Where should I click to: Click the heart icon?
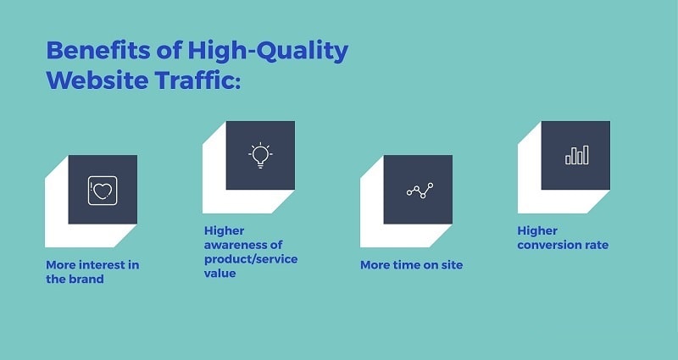click(x=103, y=191)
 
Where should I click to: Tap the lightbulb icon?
click(x=260, y=155)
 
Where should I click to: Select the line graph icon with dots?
click(x=420, y=190)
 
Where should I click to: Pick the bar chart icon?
click(x=577, y=155)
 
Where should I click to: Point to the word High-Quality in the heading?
click(x=268, y=52)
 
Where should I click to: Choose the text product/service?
click(x=251, y=260)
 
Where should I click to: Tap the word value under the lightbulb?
click(x=220, y=274)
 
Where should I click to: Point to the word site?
click(x=452, y=265)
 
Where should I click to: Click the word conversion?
click(x=548, y=245)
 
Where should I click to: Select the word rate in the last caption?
click(x=596, y=245)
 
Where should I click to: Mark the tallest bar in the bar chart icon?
click(x=586, y=155)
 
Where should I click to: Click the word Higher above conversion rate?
click(x=537, y=231)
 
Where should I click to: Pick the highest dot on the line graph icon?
click(x=431, y=186)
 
